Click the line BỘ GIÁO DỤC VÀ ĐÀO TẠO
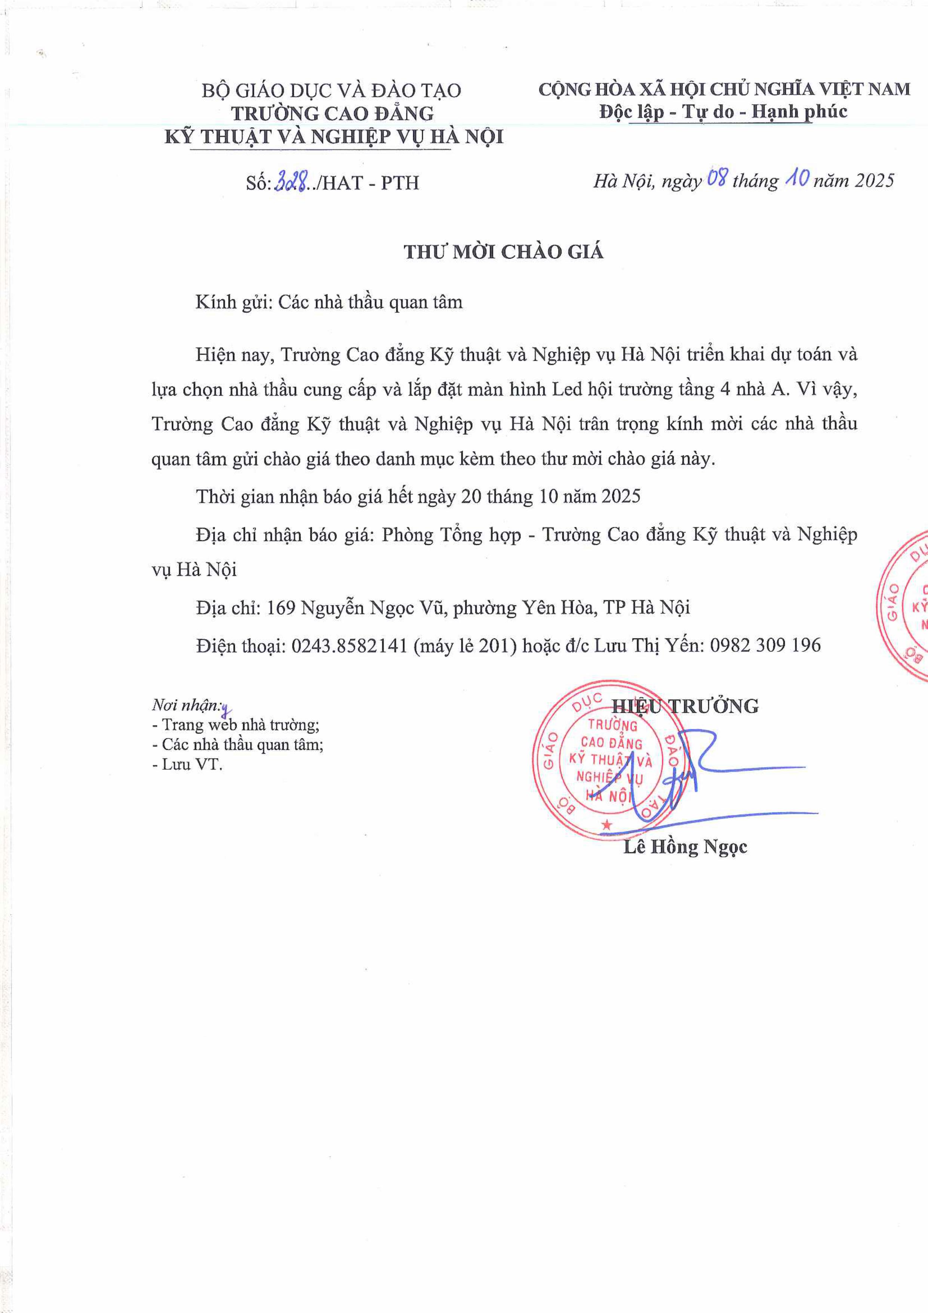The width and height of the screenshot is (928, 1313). coord(331,90)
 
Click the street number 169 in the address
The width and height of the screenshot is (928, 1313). coord(281,607)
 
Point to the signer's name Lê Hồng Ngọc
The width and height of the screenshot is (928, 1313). coord(685,846)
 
